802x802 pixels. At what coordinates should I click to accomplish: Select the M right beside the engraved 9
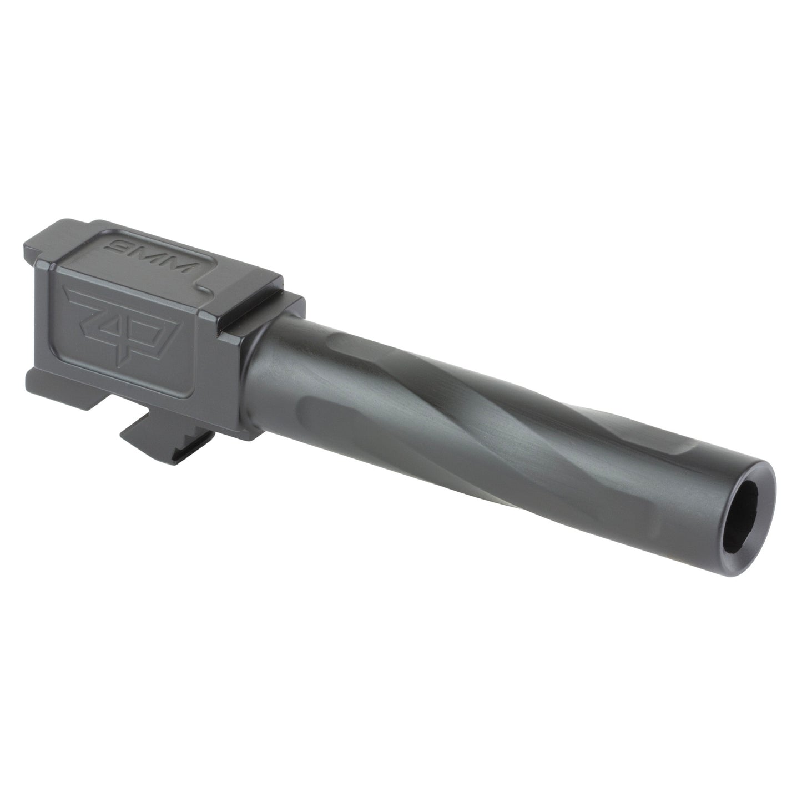pyautogui.click(x=152, y=243)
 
